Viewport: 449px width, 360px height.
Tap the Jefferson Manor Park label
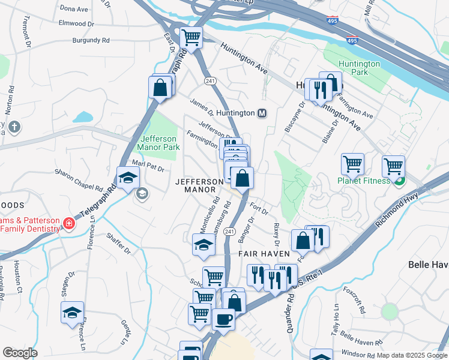[158, 142]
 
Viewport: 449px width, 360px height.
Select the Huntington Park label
[359, 68]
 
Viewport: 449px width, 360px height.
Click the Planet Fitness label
[364, 181]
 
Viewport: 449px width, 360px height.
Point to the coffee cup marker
[223, 320]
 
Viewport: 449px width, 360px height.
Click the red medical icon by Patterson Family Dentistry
[70, 224]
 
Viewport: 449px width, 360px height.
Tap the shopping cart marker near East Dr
[191, 38]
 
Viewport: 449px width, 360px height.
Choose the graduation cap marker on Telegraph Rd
[128, 178]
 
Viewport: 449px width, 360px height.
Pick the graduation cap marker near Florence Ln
[73, 313]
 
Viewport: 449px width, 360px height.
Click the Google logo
[20, 352]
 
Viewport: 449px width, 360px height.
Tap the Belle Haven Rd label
[361, 338]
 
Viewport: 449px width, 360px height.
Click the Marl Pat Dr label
[148, 166]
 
